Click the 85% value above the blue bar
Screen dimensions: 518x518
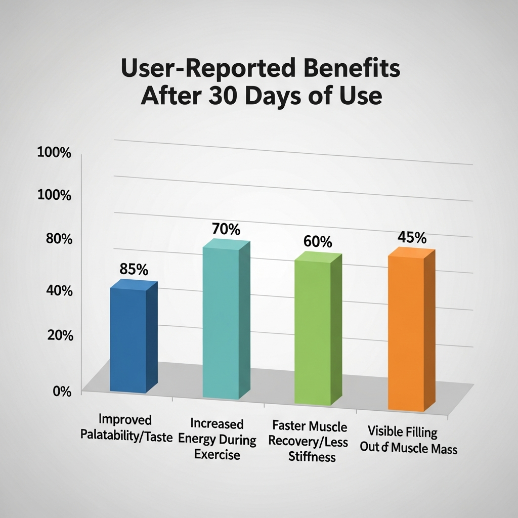pos(133,270)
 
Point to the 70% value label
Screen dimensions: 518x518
pos(226,229)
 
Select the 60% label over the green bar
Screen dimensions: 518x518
pos(318,242)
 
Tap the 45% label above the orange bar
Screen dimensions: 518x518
pos(412,238)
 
